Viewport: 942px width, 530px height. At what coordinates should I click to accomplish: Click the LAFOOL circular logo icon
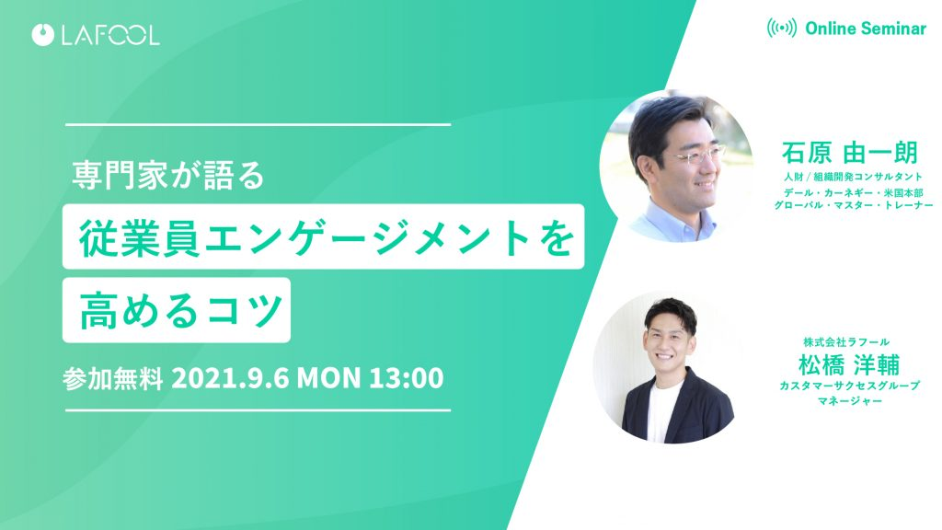click(x=43, y=35)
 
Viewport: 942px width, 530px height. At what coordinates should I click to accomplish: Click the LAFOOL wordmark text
click(x=110, y=35)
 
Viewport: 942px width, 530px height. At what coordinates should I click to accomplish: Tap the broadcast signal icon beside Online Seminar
click(x=782, y=28)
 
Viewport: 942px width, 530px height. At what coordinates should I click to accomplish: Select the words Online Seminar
click(x=866, y=29)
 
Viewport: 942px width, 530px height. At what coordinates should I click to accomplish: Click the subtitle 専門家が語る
click(x=168, y=176)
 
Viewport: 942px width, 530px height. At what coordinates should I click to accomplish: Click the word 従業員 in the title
click(x=141, y=237)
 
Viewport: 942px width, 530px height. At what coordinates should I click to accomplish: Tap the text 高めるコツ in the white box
click(x=181, y=311)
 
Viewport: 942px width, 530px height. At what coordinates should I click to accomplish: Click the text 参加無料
click(x=113, y=378)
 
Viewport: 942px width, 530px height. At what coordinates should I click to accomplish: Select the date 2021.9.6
click(x=230, y=378)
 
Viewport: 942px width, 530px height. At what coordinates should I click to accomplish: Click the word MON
click(x=328, y=378)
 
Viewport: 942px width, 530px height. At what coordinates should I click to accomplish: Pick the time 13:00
click(x=406, y=378)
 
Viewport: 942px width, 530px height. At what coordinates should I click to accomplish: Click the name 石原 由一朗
click(x=850, y=153)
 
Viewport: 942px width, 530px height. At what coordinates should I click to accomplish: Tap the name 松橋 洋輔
click(x=849, y=364)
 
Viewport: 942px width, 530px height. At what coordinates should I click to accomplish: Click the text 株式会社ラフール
click(x=846, y=342)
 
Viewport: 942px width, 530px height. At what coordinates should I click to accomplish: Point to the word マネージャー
click(x=849, y=401)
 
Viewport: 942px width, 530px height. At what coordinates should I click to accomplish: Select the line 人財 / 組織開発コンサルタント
click(x=853, y=177)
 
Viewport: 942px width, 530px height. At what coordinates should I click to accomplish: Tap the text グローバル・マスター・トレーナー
click(x=853, y=205)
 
